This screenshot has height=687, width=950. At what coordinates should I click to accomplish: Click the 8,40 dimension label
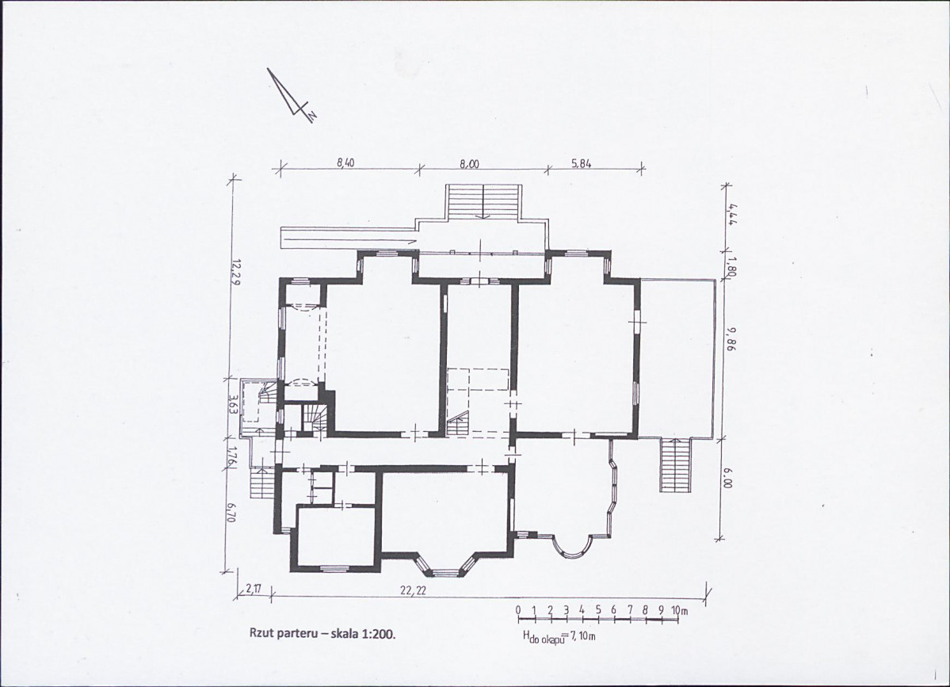344,162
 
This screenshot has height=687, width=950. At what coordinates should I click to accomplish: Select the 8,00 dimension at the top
469,163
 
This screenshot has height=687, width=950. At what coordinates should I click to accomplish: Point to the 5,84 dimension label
581,162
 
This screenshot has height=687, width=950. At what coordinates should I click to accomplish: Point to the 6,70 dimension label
231,513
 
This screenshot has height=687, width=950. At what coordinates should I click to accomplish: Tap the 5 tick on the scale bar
598,609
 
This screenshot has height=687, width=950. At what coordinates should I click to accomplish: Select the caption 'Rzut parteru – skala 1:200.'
322,634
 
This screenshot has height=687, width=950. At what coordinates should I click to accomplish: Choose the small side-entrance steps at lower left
261,483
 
